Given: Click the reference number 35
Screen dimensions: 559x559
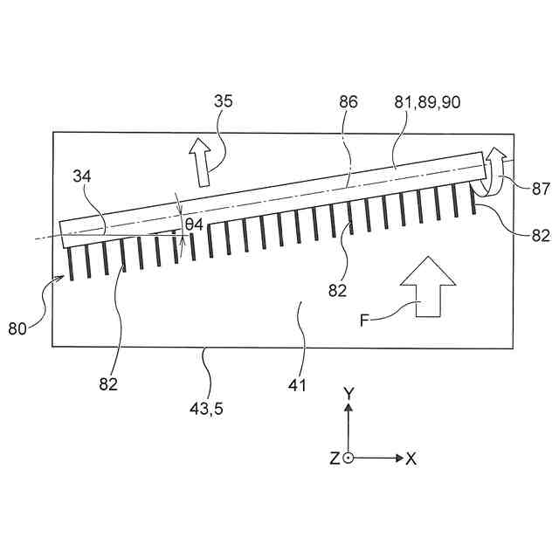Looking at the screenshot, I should point(224,102).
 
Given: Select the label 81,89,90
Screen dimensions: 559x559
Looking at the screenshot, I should point(428,102).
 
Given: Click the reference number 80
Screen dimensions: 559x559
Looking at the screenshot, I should point(18,329).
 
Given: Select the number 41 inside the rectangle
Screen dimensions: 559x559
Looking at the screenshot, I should point(298,383).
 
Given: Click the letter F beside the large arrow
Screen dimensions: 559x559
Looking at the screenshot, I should point(364,320).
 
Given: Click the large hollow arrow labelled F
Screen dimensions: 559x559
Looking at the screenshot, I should point(427,287).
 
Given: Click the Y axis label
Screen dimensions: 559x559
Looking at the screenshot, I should point(349,394).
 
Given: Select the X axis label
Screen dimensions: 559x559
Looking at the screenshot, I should point(411,459).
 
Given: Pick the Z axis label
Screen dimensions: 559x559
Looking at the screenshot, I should point(335,459).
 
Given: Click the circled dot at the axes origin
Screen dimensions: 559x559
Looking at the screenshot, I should point(349,458).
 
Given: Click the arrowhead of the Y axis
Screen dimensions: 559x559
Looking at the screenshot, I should point(349,409).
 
